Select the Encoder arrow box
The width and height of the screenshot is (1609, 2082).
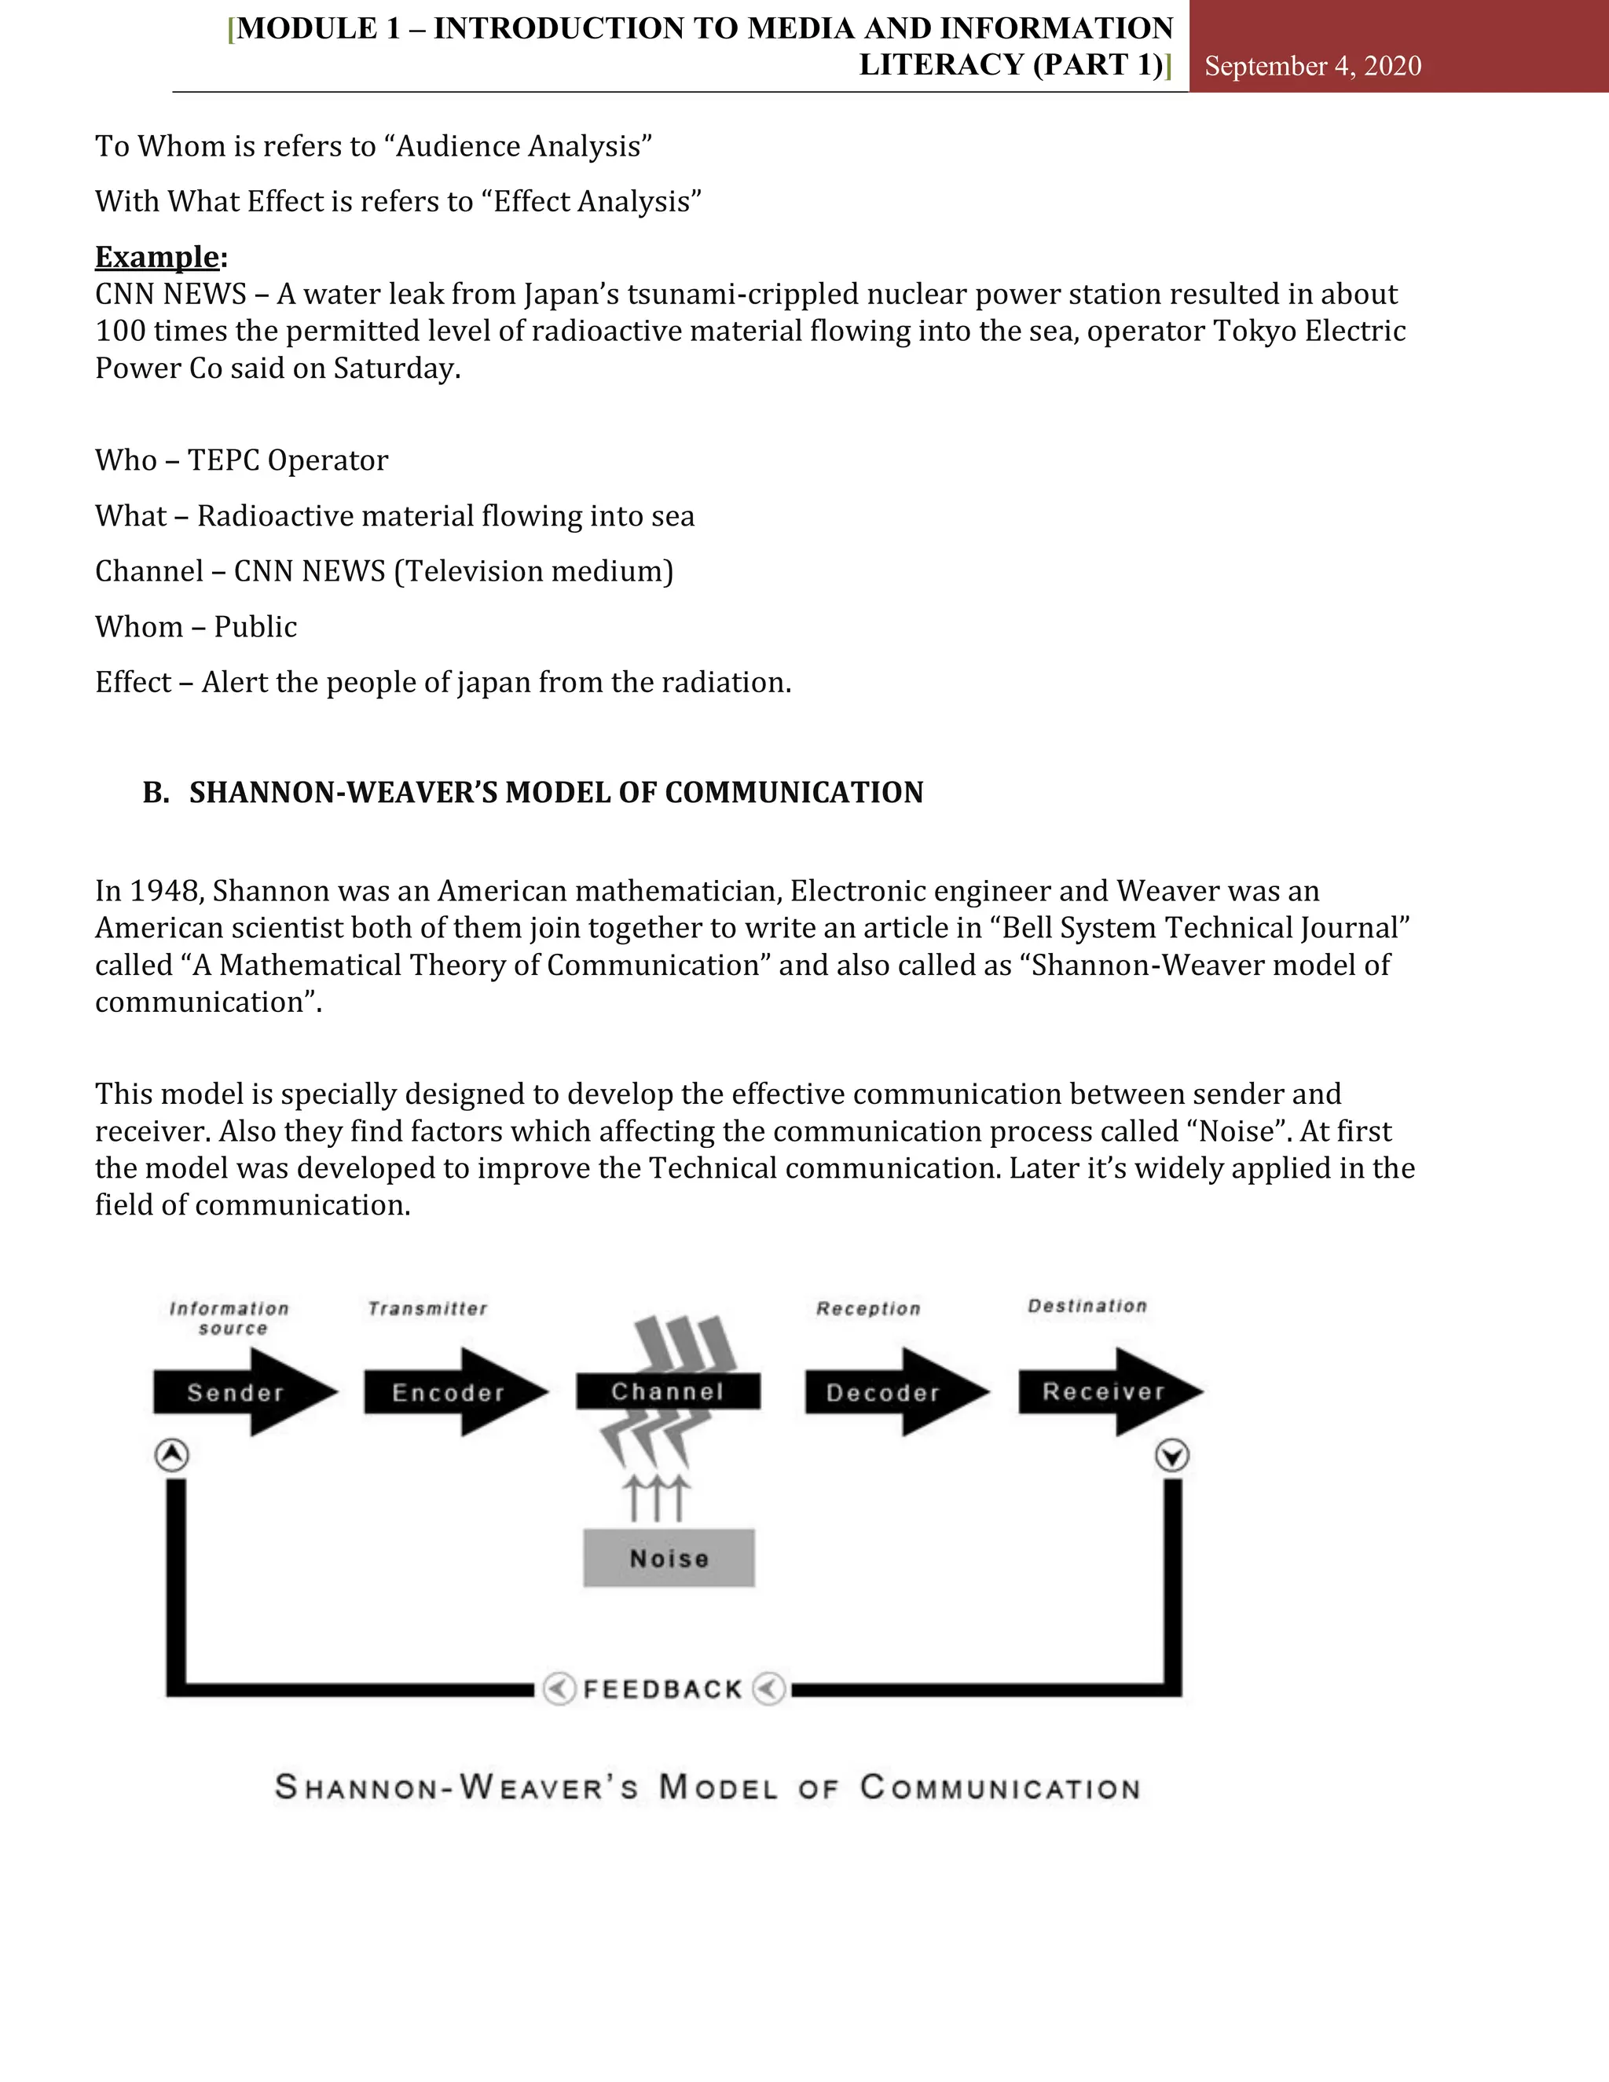point(448,1393)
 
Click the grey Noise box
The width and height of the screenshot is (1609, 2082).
point(669,1559)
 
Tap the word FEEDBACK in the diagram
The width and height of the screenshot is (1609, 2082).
point(662,1689)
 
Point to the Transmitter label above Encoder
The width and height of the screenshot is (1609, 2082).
point(427,1309)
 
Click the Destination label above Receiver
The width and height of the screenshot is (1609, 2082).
point(1087,1306)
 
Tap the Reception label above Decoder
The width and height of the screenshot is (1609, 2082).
point(868,1309)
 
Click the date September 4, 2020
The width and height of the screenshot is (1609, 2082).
point(1313,66)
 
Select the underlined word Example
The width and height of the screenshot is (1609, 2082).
point(157,258)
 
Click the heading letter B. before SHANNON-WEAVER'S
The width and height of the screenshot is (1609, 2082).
point(156,792)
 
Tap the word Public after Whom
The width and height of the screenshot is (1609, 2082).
point(255,627)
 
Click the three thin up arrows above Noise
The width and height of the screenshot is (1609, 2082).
point(657,1497)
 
